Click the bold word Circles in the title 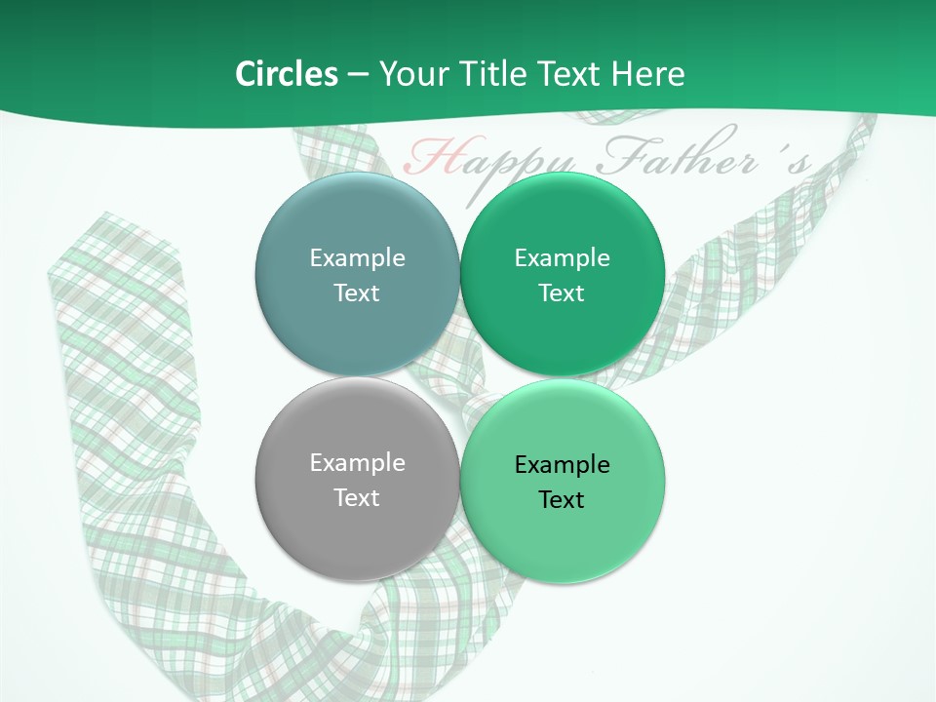[x=287, y=74]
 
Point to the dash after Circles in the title [x=358, y=75]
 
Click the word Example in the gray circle [x=357, y=463]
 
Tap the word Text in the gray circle [x=357, y=497]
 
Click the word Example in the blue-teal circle [x=357, y=258]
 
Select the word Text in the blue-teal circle [x=357, y=292]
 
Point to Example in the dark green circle [x=563, y=258]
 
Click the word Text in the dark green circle [x=563, y=292]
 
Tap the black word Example [x=563, y=465]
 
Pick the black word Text [x=563, y=499]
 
